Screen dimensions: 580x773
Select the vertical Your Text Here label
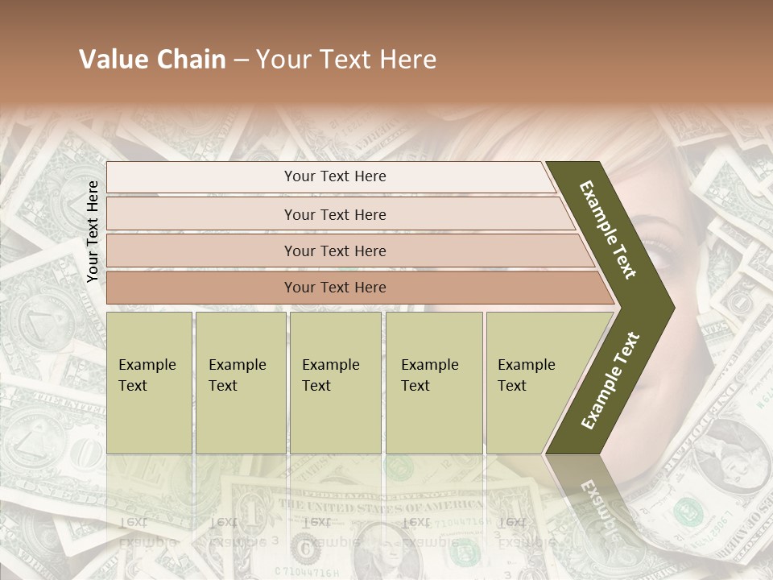click(93, 231)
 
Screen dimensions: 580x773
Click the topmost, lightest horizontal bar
click(334, 176)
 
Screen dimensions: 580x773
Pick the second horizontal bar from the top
click(334, 214)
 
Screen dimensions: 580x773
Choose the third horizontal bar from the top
click(334, 251)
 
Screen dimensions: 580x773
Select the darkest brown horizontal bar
click(334, 288)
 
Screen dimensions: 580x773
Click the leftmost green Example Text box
click(149, 382)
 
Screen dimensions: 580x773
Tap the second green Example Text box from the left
click(240, 382)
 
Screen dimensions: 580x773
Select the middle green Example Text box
click(335, 382)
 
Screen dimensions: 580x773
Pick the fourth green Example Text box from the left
click(433, 382)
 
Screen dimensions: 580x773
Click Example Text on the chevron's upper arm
click(609, 230)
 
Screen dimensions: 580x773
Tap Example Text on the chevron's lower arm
click(610, 380)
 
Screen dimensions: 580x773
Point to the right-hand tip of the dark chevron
click(672, 308)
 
